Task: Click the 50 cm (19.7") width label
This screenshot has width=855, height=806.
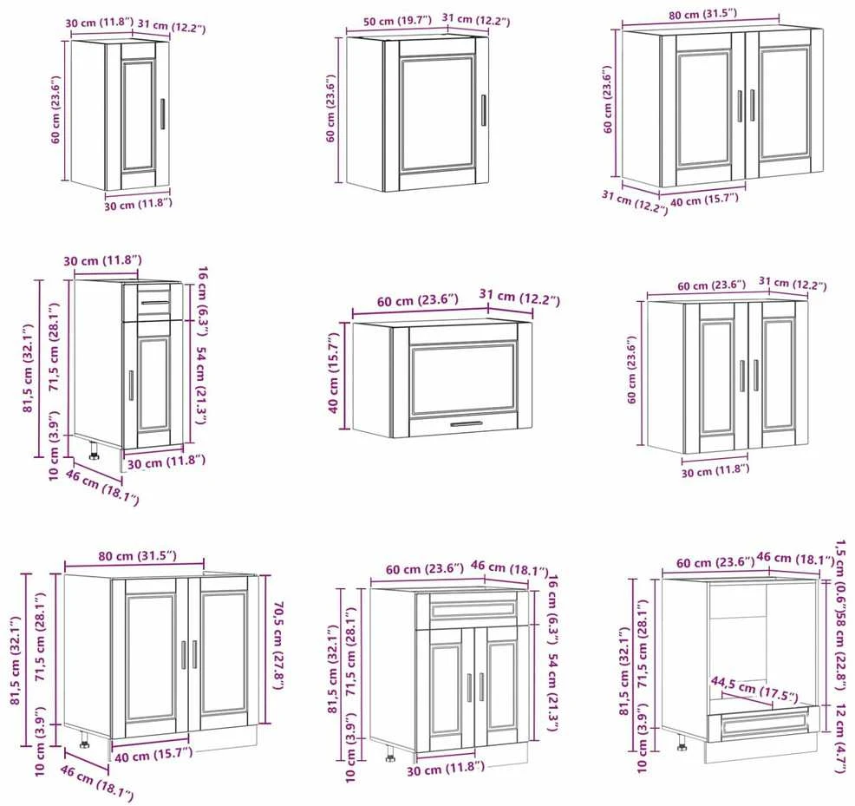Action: coord(397,22)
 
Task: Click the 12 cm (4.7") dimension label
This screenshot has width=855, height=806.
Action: coord(840,738)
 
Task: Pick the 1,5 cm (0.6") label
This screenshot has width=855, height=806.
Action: coord(840,570)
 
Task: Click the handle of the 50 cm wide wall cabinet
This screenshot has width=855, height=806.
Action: coord(483,111)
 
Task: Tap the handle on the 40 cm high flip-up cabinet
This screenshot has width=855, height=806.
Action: coord(466,424)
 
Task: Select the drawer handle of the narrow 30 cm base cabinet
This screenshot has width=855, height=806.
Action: coord(155,302)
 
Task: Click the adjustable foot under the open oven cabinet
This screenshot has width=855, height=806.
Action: coord(681,742)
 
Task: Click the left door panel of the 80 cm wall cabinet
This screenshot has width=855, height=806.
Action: coord(703,108)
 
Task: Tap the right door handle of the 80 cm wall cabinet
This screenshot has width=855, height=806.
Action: coord(752,105)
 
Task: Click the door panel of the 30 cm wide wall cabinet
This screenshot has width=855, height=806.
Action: coord(138,115)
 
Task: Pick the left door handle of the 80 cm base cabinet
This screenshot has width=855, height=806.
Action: coord(184,654)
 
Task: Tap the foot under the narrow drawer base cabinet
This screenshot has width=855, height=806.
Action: coord(94,451)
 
